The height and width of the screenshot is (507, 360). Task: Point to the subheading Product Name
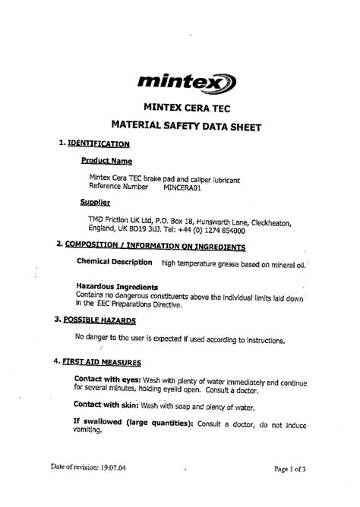[x=106, y=161]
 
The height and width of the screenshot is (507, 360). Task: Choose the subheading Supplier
[x=96, y=203]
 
